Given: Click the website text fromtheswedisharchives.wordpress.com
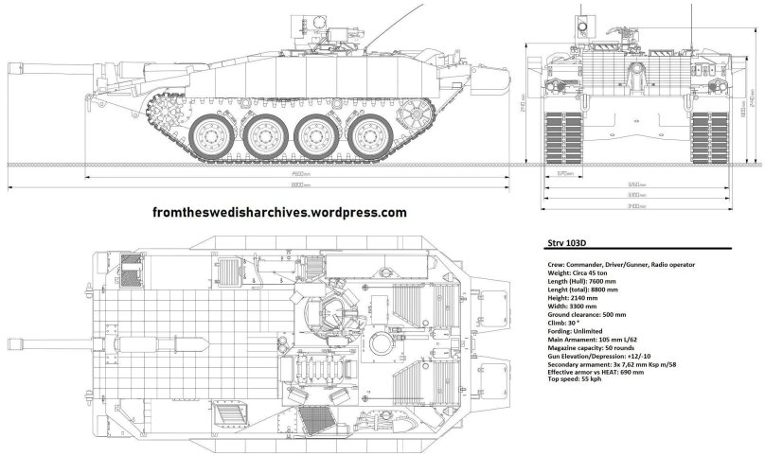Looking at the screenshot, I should click(280, 213).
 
